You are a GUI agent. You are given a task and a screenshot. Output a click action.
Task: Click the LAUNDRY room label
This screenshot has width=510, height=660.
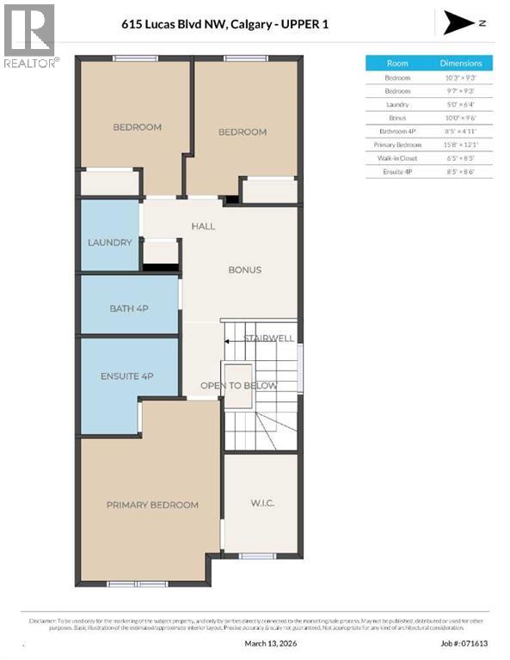pyautogui.click(x=110, y=242)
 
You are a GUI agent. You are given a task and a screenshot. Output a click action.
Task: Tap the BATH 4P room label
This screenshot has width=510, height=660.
pyautogui.click(x=130, y=308)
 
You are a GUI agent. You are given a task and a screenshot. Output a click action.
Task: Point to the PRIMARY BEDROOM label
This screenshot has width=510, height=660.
pyautogui.click(x=152, y=504)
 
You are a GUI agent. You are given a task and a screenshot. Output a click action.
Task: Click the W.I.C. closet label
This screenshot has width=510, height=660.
pyautogui.click(x=261, y=502)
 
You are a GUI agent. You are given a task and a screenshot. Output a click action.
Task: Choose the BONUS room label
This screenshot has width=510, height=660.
pyautogui.click(x=244, y=270)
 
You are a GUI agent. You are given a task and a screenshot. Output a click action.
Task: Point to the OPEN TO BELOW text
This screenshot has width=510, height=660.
pyautogui.click(x=239, y=386)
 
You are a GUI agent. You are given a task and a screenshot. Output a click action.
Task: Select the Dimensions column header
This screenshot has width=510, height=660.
pyautogui.click(x=461, y=63)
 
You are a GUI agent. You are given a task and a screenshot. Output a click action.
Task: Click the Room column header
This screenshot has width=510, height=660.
pyautogui.click(x=397, y=63)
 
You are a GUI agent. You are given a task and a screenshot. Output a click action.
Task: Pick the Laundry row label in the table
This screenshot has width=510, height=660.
pyautogui.click(x=397, y=104)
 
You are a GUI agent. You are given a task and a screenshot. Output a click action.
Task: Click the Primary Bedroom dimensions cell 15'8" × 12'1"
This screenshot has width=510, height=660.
pyautogui.click(x=461, y=145)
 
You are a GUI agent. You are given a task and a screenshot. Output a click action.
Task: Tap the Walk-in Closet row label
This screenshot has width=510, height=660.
pyautogui.click(x=397, y=159)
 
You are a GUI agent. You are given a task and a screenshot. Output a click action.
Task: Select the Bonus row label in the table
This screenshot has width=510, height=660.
pyautogui.click(x=397, y=118)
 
